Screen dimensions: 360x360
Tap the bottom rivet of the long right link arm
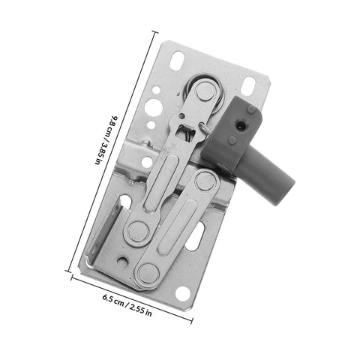pos(147,273)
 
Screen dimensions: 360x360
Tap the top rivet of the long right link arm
pos(204,181)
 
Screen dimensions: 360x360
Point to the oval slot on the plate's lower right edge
pos(193,238)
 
